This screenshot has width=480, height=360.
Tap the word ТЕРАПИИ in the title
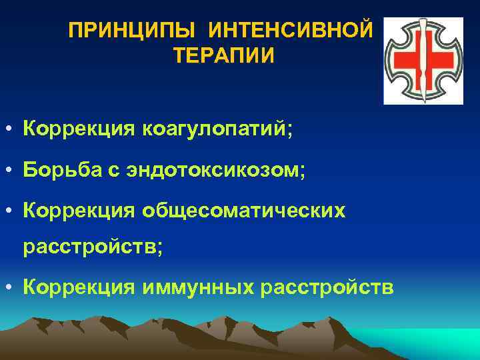[223, 55]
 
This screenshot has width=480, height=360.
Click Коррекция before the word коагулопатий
[78, 128]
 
